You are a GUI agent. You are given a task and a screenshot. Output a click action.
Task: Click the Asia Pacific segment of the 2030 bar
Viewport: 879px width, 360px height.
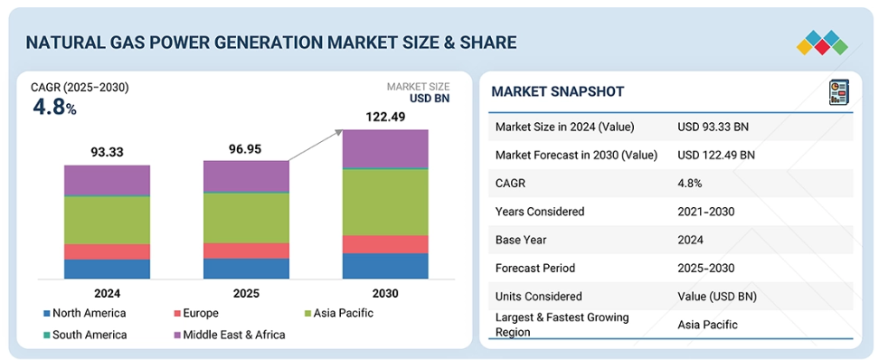point(385,202)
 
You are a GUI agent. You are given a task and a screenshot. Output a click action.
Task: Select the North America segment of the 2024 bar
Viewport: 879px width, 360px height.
point(107,269)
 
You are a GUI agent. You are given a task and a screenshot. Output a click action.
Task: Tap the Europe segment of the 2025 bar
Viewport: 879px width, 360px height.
point(246,251)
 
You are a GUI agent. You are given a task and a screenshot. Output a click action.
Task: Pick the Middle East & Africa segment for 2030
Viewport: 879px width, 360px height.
point(385,148)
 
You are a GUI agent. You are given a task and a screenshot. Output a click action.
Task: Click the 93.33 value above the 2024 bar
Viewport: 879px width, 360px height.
point(107,152)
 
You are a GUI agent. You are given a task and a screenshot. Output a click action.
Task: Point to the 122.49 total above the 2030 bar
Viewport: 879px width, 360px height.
point(385,118)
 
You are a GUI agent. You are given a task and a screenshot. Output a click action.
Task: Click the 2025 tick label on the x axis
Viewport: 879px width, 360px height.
point(246,293)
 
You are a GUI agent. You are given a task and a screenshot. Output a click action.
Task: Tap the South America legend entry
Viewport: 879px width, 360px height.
point(85,335)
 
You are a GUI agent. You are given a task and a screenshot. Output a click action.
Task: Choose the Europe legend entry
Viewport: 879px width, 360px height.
point(196,313)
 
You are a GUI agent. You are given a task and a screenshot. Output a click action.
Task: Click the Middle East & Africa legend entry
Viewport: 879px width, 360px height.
point(230,335)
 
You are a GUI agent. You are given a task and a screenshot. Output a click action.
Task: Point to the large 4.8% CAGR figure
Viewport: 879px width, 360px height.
point(54,108)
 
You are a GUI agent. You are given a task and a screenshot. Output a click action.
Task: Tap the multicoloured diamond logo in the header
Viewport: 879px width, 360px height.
point(822,43)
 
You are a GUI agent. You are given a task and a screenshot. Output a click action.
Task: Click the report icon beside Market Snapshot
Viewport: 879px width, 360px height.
point(838,92)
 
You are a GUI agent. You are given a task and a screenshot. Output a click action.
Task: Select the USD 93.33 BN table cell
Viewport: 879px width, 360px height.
point(714,128)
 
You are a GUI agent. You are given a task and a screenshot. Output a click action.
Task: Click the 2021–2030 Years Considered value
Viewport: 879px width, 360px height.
point(705,212)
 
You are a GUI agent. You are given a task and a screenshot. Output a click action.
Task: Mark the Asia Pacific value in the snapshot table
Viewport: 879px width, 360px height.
point(707,324)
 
